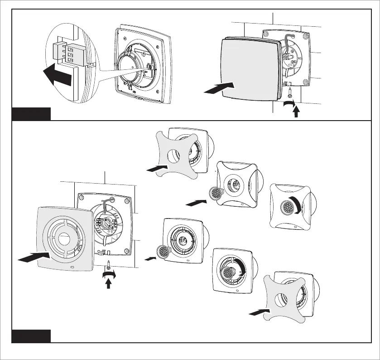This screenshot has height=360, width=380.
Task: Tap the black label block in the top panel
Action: tap(31, 113)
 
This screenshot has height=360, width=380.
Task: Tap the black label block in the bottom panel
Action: tap(31, 336)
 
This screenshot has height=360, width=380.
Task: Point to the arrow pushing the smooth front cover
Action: tap(220, 88)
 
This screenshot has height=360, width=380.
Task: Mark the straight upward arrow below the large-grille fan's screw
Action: tap(108, 283)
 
